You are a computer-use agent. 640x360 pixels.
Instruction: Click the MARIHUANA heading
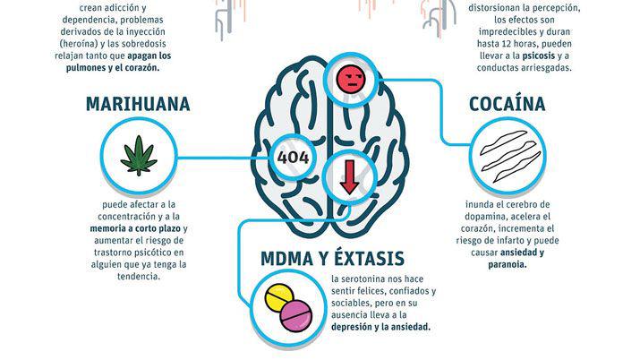[138, 104]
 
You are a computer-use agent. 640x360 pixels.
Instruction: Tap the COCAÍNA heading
[507, 104]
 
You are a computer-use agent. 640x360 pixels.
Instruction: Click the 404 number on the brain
[294, 159]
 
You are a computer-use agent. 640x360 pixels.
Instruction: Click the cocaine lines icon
[507, 154]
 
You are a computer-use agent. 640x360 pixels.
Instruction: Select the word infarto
[524, 240]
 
